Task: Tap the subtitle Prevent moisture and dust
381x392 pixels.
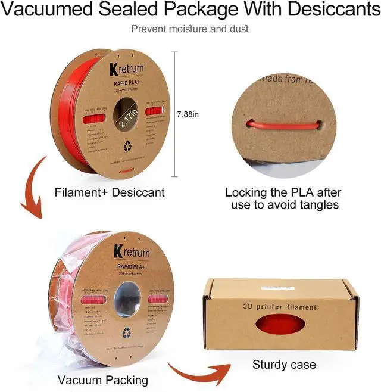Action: (190, 29)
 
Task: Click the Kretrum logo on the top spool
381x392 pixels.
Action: (127, 70)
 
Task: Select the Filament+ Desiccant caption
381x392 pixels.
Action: (110, 192)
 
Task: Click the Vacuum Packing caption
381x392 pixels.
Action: (103, 379)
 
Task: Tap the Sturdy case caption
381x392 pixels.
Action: (284, 365)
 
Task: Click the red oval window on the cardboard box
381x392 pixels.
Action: (283, 326)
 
